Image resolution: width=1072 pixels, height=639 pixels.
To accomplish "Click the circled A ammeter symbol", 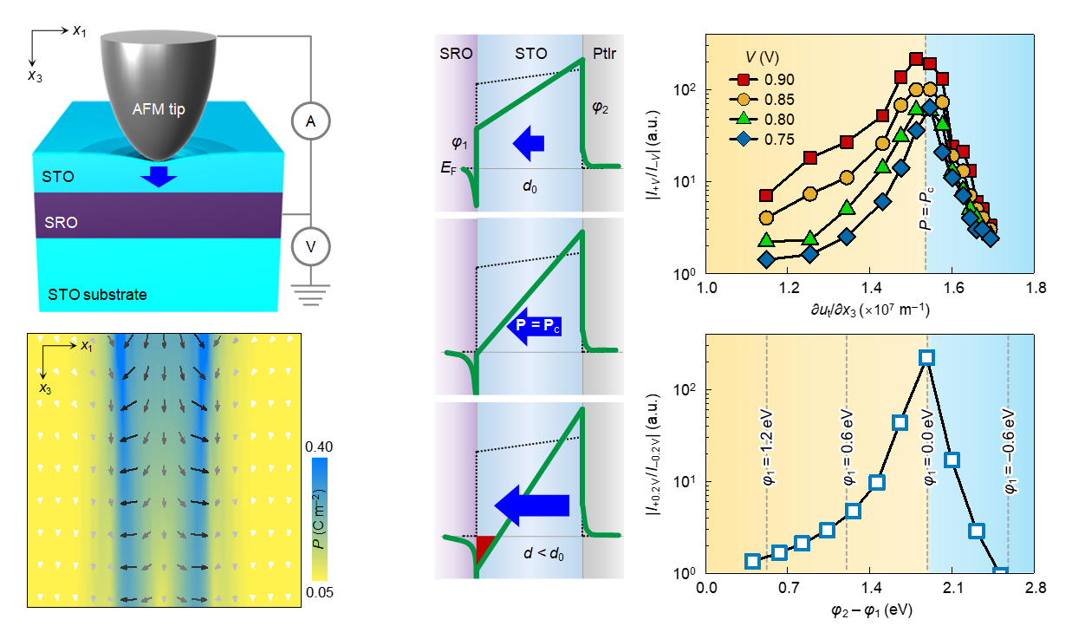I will click(310, 122).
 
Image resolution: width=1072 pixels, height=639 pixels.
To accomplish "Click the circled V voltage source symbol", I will click(310, 248).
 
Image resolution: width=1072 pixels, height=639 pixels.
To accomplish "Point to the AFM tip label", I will click(158, 110).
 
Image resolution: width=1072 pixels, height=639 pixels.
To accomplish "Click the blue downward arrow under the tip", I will click(158, 177).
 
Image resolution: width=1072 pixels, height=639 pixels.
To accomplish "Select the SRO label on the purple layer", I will click(62, 223).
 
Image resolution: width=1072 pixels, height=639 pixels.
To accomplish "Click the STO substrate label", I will click(94, 295).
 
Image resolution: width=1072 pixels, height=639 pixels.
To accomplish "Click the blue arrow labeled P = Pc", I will click(530, 325).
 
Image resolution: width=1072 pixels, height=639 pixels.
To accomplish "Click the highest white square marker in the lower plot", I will click(926, 357).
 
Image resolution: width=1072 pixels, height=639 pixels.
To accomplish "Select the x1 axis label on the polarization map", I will click(87, 346).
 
